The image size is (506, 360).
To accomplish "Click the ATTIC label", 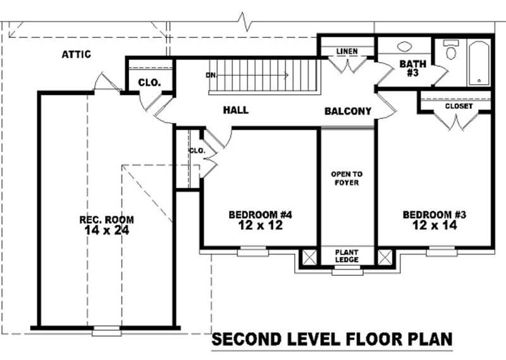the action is pyautogui.click(x=76, y=54).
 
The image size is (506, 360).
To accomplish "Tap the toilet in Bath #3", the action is pyautogui.click(x=451, y=49).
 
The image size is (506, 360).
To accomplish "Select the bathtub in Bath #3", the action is pyautogui.click(x=479, y=63).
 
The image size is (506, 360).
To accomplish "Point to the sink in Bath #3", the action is pyautogui.click(x=405, y=46).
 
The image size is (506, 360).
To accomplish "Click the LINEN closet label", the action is pyautogui.click(x=347, y=51).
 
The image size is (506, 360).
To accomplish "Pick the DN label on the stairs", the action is pyautogui.click(x=211, y=75).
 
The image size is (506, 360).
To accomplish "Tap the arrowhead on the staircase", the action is pyautogui.click(x=287, y=75).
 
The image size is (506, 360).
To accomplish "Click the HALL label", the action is pyautogui.click(x=236, y=110).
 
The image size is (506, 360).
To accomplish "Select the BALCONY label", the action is pyautogui.click(x=348, y=111).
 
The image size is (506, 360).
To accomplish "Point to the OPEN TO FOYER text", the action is pyautogui.click(x=347, y=178).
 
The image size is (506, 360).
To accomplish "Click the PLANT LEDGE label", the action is pyautogui.click(x=347, y=256).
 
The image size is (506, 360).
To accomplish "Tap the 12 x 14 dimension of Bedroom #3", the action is pyautogui.click(x=435, y=225).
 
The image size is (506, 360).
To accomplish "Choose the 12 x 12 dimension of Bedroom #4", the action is pyautogui.click(x=261, y=225).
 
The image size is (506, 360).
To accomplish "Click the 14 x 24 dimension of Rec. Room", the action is pyautogui.click(x=106, y=230).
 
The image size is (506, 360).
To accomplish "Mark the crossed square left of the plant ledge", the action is pyautogui.click(x=309, y=258).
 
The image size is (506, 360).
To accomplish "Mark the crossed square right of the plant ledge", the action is pyautogui.click(x=385, y=258).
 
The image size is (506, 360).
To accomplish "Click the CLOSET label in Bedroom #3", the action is pyautogui.click(x=459, y=106).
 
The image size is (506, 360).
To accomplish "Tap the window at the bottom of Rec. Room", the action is pyautogui.click(x=106, y=331).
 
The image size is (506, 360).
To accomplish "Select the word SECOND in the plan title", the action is pyautogui.click(x=245, y=339).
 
